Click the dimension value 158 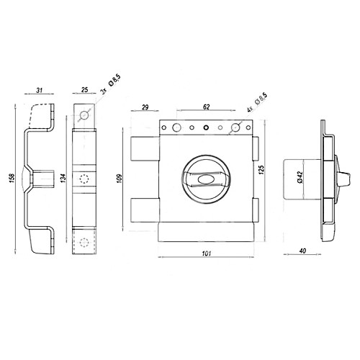(x=12, y=179)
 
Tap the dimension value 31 (x=40, y=90)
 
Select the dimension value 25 (x=85, y=90)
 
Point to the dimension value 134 (x=63, y=179)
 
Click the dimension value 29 (x=145, y=107)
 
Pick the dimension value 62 (x=207, y=107)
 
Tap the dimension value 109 (x=120, y=179)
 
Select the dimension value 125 (x=261, y=170)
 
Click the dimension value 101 (x=207, y=253)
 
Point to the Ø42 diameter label (x=300, y=178)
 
